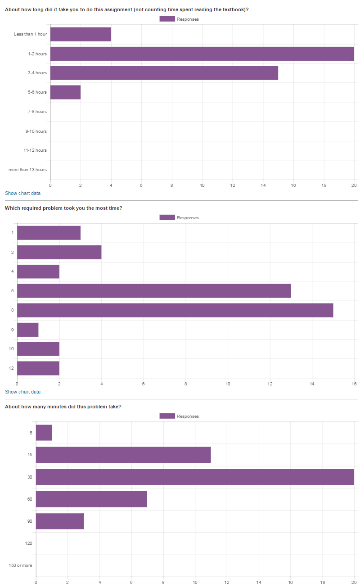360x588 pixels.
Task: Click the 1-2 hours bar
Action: click(202, 54)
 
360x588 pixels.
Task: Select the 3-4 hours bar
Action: click(164, 73)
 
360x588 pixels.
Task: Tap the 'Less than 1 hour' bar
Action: click(81, 34)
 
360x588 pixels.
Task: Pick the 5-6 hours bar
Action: click(65, 92)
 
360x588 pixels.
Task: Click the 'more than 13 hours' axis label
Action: click(27, 170)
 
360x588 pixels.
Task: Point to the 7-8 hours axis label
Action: click(37, 112)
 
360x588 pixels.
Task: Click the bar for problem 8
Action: click(175, 310)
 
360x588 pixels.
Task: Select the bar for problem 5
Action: click(154, 291)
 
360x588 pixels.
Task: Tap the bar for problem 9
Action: click(27, 330)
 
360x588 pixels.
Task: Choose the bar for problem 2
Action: click(59, 252)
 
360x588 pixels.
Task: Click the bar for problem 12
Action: click(38, 368)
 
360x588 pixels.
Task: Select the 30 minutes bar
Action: click(195, 477)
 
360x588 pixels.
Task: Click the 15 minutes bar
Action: click(123, 455)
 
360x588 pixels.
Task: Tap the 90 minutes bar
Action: click(60, 521)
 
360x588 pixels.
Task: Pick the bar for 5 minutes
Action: click(44, 433)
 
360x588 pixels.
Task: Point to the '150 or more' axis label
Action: click(21, 565)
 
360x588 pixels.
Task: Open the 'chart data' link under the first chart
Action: click(29, 193)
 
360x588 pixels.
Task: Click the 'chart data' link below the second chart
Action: click(29, 392)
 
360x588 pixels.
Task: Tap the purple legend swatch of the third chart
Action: click(167, 416)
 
